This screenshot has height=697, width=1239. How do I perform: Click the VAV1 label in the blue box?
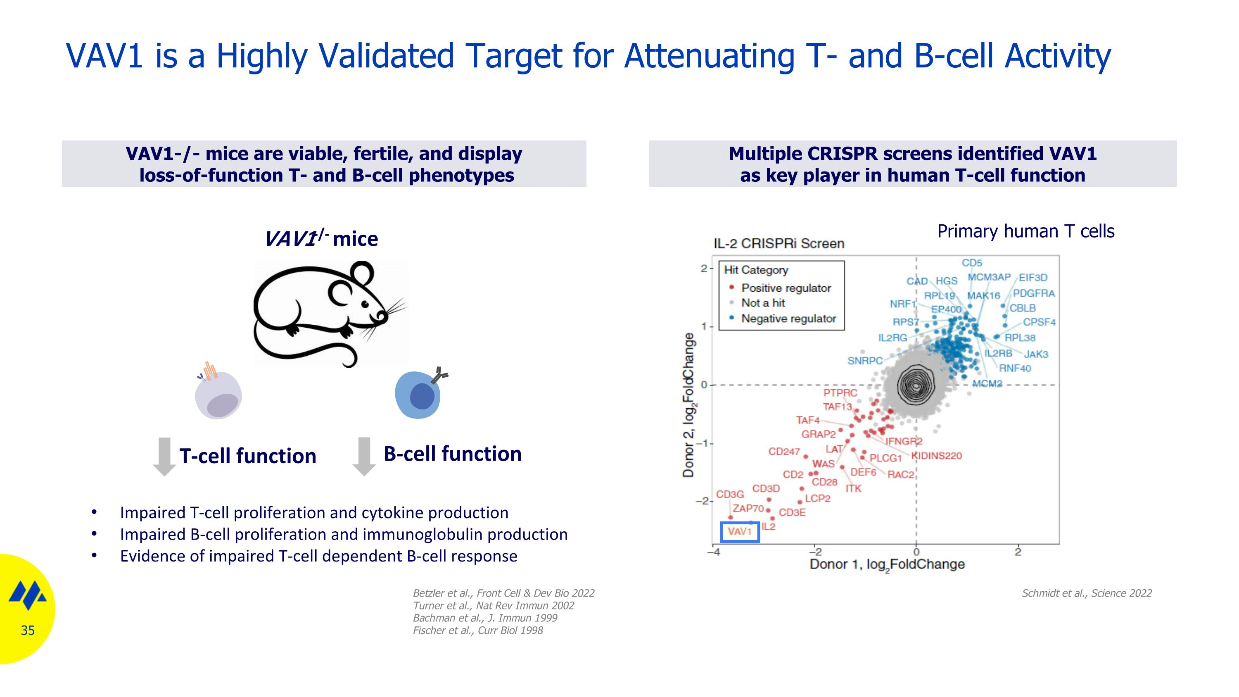[740, 531]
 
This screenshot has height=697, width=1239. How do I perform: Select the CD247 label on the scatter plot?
[784, 452]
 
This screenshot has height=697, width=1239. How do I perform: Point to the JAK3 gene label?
[1035, 354]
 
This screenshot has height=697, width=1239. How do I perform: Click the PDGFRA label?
[1034, 293]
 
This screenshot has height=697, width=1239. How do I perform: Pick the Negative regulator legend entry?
[788, 319]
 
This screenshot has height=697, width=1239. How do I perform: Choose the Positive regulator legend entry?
[786, 288]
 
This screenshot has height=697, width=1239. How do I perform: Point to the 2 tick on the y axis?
[704, 269]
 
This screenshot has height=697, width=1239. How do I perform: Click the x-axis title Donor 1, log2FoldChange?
[887, 564]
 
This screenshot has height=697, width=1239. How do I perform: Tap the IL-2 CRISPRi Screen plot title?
[779, 243]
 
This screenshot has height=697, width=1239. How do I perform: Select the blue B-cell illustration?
[418, 395]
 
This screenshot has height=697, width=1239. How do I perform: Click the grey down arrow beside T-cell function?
[164, 457]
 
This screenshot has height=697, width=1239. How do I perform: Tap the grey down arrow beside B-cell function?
[364, 456]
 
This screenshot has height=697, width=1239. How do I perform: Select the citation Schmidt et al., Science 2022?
[1087, 593]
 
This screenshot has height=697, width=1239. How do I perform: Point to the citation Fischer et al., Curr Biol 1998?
[477, 630]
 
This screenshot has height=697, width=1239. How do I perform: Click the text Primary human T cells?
[1025, 231]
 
